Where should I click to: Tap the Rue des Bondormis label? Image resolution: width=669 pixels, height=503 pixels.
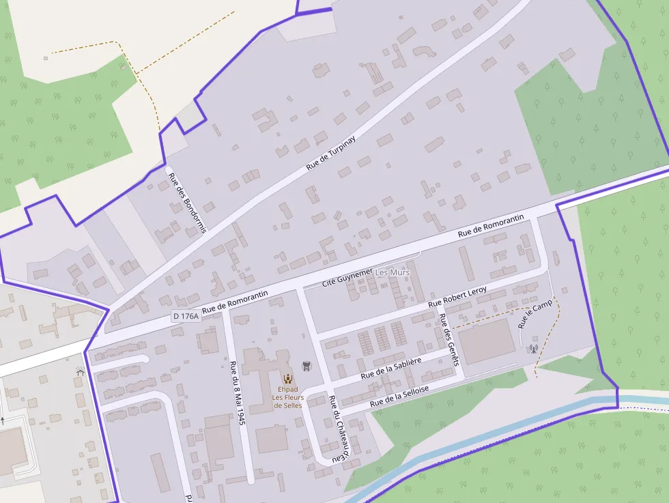[x=187, y=202]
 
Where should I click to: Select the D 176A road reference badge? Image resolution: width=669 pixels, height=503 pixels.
[x=185, y=316]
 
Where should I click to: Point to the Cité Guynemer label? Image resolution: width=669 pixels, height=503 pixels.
[x=347, y=276]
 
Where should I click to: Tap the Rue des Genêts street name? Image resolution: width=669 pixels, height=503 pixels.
[x=449, y=339]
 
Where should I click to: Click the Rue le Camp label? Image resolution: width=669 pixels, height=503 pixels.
[x=535, y=312]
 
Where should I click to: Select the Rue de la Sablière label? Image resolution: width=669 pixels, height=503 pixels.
[x=390, y=367]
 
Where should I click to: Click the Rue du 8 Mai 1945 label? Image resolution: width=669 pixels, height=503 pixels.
[x=237, y=393]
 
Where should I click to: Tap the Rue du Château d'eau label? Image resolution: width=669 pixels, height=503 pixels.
[x=339, y=429]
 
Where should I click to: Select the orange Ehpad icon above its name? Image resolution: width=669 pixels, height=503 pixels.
[x=288, y=378]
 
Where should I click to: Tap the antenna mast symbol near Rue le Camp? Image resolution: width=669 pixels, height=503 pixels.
[x=534, y=349]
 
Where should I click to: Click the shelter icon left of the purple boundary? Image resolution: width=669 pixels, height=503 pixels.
[x=80, y=372]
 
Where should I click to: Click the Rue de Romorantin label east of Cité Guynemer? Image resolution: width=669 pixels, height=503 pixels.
[x=490, y=225]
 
